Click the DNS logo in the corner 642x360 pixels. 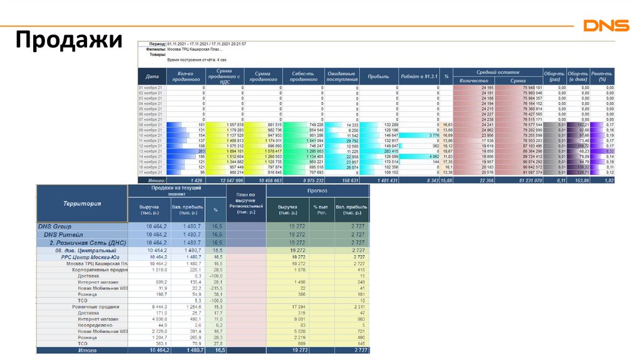[x=606, y=26]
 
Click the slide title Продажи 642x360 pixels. [x=68, y=40]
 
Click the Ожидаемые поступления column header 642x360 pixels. [x=342, y=77]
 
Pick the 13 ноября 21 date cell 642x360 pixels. [x=150, y=151]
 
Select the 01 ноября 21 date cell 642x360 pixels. [x=150, y=87]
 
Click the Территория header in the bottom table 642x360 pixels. [x=82, y=203]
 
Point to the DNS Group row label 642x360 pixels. [x=55, y=226]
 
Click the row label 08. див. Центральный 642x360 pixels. [x=84, y=250]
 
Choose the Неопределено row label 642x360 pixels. [x=95, y=326]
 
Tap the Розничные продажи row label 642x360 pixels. [x=96, y=307]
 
